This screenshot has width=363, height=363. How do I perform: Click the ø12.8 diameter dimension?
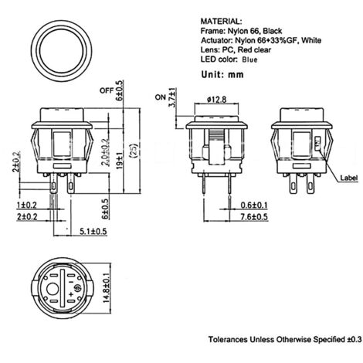point(217,100)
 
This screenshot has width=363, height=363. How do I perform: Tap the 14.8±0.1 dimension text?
point(107,288)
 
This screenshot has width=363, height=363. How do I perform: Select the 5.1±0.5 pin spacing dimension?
point(93,231)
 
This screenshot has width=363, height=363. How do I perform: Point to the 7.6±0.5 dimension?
point(254,217)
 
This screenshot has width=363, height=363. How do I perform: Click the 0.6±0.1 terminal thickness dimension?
point(254,205)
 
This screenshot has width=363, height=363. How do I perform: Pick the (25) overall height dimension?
point(134,151)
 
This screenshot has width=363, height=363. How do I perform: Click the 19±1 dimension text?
point(120,161)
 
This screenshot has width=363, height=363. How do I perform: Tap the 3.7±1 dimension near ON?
point(172,97)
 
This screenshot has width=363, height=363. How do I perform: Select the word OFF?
point(107,91)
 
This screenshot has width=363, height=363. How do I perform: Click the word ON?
point(161,97)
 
